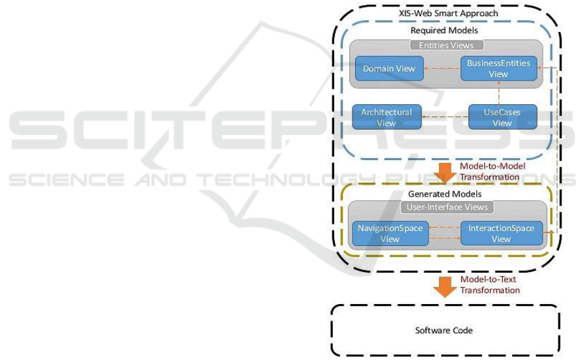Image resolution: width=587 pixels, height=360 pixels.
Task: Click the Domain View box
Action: tap(390, 68)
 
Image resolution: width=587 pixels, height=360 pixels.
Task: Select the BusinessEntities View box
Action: tap(498, 68)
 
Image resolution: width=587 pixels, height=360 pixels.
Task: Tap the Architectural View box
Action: tap(386, 117)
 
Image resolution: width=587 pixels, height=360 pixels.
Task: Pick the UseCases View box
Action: tap(502, 117)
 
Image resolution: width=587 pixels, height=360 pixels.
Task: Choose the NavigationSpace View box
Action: tap(390, 234)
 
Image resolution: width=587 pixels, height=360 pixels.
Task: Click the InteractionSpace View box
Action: tap(501, 234)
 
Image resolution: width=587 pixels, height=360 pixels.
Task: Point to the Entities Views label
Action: tap(447, 46)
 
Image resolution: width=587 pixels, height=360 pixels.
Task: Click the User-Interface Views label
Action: tap(446, 208)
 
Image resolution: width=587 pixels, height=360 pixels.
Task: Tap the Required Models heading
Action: tap(445, 30)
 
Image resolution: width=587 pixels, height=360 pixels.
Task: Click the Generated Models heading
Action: tap(445, 194)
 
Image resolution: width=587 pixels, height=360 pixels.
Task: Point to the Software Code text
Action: tap(444, 330)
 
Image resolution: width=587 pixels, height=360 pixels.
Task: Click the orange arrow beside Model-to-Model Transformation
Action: tap(446, 173)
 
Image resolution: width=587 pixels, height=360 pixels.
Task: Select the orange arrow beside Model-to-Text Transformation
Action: tap(446, 285)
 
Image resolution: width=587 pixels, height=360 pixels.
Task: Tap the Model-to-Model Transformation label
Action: tap(489, 172)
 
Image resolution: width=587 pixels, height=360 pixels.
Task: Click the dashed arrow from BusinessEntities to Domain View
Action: tap(442, 68)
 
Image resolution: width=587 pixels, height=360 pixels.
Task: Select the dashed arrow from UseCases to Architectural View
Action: tap(445, 117)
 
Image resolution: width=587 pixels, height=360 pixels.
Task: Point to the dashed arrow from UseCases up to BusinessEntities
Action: tap(499, 92)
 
